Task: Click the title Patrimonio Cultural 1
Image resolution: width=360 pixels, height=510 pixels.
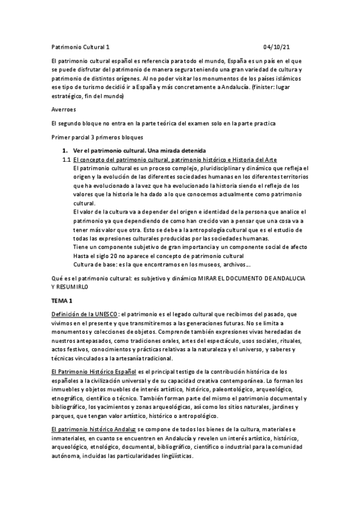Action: pyautogui.click(x=79, y=47)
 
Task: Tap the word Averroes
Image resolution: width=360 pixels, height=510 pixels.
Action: pyautogui.click(x=64, y=111)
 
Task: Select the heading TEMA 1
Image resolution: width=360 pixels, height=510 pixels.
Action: pyautogui.click(x=61, y=300)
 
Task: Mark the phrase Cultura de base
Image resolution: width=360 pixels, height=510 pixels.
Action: pyautogui.click(x=94, y=264)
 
